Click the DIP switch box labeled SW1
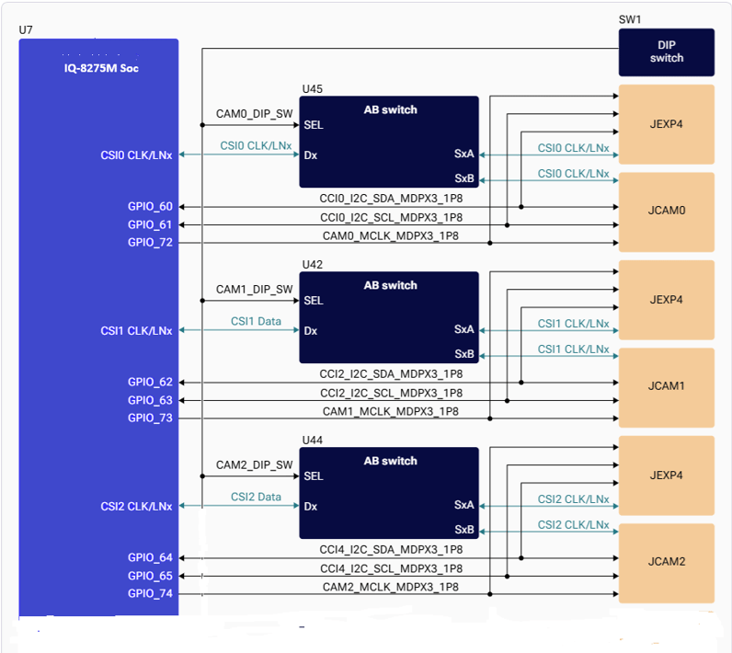(666, 52)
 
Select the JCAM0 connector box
(666, 212)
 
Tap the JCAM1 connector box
(666, 387)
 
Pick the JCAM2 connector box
(666, 563)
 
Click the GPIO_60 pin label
(150, 206)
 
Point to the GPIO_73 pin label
(150, 418)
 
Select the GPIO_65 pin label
(150, 576)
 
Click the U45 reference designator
(313, 88)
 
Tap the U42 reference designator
(313, 264)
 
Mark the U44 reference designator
(313, 440)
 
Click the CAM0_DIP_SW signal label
(254, 114)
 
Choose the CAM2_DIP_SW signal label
(254, 464)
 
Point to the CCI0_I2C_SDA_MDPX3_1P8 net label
(391, 199)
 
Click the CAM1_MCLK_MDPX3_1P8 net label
(390, 411)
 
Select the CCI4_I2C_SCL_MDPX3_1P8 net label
(391, 568)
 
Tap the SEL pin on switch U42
(314, 301)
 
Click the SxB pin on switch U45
(464, 178)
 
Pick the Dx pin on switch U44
(311, 507)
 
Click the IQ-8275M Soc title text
(101, 68)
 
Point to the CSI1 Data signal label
(256, 321)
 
